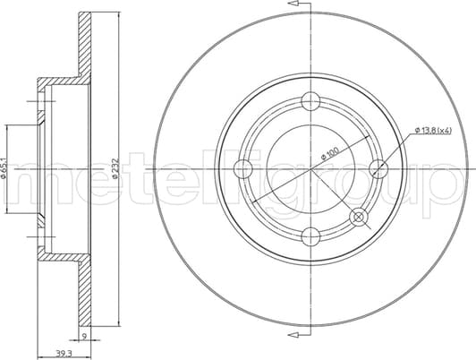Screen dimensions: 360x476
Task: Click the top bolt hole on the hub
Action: point(310,99)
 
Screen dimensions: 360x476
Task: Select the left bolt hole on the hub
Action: point(242,167)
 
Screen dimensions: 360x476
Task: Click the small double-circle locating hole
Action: point(358,216)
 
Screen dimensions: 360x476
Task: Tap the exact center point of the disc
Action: point(310,167)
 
